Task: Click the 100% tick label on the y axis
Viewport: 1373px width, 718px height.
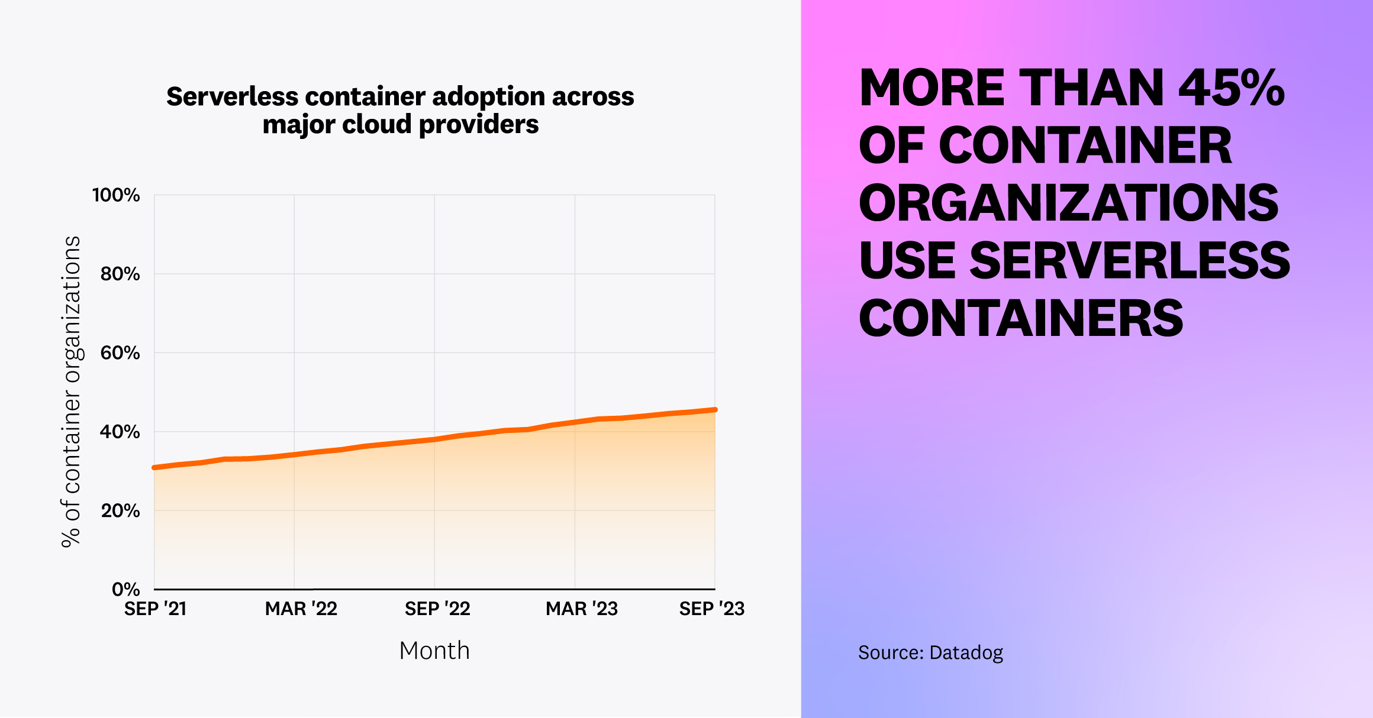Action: coord(116,195)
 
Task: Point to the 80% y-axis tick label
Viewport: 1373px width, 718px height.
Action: coord(120,274)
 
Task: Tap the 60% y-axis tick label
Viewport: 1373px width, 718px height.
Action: coord(120,353)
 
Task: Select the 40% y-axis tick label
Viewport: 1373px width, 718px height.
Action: coord(120,432)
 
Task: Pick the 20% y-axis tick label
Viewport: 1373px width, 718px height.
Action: coord(120,511)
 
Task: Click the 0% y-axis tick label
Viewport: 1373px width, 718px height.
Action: coord(125,589)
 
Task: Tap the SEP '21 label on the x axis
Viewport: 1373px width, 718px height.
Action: coord(155,609)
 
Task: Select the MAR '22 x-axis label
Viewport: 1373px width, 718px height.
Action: coord(301,609)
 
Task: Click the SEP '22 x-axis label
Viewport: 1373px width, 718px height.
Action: coord(437,609)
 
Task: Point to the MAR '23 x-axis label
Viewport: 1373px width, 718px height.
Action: coord(581,609)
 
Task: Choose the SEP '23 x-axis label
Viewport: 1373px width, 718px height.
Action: coord(711,609)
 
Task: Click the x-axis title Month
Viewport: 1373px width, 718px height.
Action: coord(434,651)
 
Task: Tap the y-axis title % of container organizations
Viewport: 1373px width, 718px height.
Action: coord(71,392)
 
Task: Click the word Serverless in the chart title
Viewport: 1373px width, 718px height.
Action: coord(232,96)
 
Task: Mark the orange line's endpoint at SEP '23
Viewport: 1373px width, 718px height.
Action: coord(715,410)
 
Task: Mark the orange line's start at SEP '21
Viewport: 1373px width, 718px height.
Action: coord(155,468)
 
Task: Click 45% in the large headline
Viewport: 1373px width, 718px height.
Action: coord(1231,89)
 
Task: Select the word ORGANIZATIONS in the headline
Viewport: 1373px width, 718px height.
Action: coord(1068,203)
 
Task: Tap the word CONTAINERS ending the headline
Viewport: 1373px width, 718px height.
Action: coord(1021,319)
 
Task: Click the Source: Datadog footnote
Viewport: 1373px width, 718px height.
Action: coord(930,652)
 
